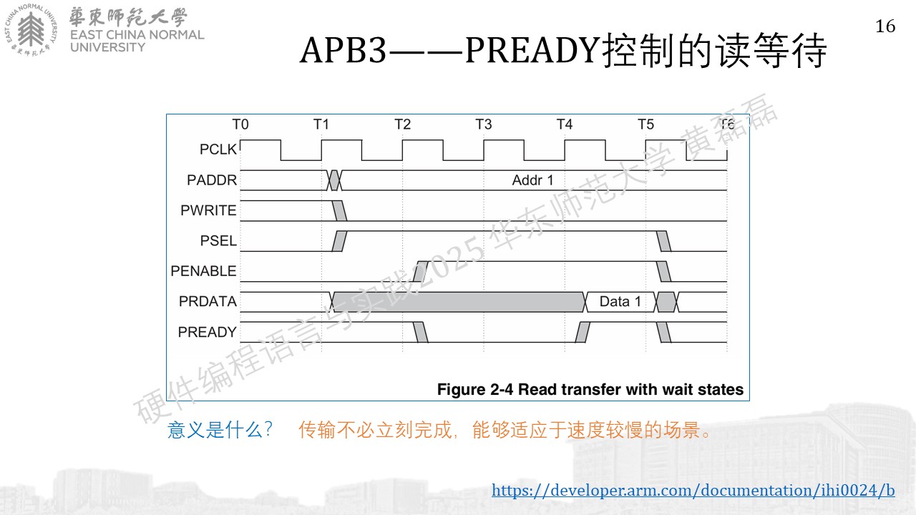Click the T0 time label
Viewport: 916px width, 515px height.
[x=240, y=124]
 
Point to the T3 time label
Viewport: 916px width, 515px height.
[x=483, y=124]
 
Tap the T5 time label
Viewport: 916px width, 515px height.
[x=645, y=124]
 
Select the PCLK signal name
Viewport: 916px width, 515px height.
[x=218, y=149]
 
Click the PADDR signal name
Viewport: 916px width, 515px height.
[x=212, y=180]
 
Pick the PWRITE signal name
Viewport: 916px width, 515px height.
[x=208, y=210]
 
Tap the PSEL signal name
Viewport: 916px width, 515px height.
[x=218, y=240]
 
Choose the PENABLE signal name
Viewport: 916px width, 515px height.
[x=204, y=270]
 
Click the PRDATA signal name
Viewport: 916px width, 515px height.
[x=208, y=301]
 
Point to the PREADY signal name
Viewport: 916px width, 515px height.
[x=208, y=332]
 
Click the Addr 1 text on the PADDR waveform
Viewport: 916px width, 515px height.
[x=532, y=180]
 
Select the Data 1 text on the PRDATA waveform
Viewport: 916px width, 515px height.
[x=620, y=302]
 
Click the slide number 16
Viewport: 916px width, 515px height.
[x=885, y=26]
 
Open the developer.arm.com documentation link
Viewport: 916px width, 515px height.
[x=693, y=490]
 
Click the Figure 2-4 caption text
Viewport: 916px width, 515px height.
[x=590, y=390]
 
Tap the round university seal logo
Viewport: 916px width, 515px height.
[x=31, y=30]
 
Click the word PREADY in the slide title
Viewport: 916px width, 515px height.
[x=532, y=50]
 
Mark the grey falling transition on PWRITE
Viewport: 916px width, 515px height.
[x=339, y=210]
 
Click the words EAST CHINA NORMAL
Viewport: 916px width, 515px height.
[x=137, y=35]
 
